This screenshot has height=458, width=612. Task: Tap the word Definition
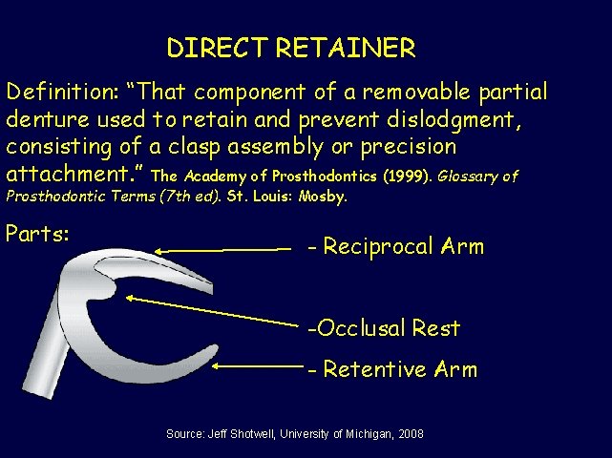click(59, 93)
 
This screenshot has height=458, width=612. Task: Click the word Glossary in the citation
click(472, 177)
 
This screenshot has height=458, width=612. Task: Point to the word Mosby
click(323, 198)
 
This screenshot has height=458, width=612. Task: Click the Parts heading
click(37, 233)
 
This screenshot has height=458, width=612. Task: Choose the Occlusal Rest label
click(384, 329)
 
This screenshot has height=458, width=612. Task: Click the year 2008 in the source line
click(411, 434)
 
